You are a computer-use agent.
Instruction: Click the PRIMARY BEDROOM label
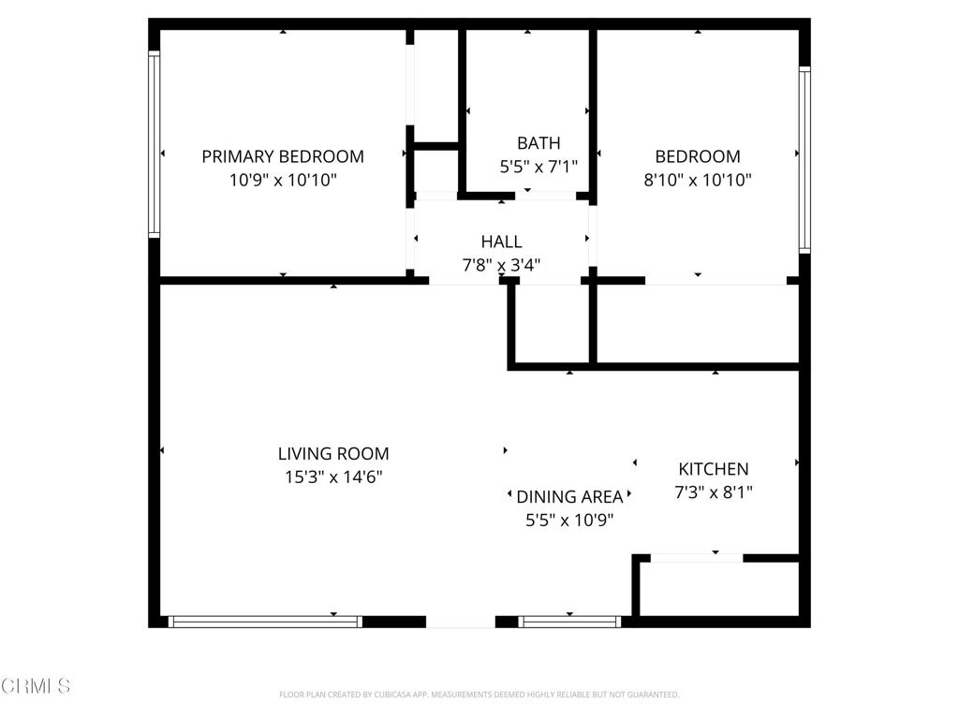[x=283, y=156]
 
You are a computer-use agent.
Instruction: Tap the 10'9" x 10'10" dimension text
[x=283, y=180]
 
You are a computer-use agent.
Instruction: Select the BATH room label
[x=539, y=143]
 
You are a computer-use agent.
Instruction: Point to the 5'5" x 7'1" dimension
[x=539, y=167]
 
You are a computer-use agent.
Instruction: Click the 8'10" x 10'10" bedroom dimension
[x=698, y=180]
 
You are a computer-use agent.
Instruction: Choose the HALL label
[x=501, y=242]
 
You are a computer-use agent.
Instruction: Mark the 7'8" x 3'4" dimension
[x=501, y=265]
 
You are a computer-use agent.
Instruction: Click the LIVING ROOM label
[x=333, y=453]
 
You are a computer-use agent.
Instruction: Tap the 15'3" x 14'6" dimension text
[x=333, y=477]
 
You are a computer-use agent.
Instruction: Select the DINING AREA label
[x=569, y=497]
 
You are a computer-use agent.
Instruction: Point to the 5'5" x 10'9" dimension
[x=569, y=521]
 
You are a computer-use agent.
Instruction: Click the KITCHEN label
[x=714, y=469]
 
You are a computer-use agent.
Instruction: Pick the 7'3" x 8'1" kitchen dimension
[x=714, y=492]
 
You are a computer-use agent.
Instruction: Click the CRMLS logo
[x=36, y=686]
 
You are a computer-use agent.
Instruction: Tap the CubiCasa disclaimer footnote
[x=479, y=695]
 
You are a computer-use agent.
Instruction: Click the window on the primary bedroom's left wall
[x=154, y=142]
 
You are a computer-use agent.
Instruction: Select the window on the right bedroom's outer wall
[x=804, y=159]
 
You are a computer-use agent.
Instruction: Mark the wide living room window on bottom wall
[x=265, y=621]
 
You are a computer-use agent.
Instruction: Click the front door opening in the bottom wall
[x=461, y=621]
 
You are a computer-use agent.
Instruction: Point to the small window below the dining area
[x=569, y=621]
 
